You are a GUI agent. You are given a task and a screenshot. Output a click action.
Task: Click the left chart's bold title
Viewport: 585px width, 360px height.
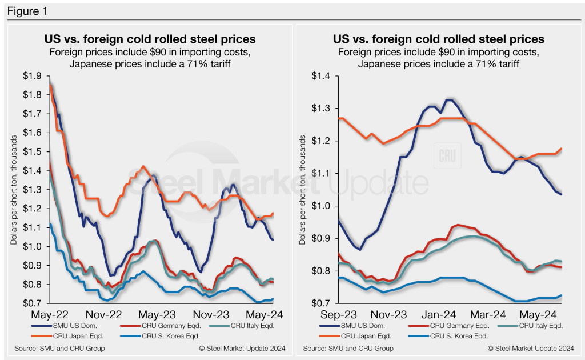click(x=150, y=39)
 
